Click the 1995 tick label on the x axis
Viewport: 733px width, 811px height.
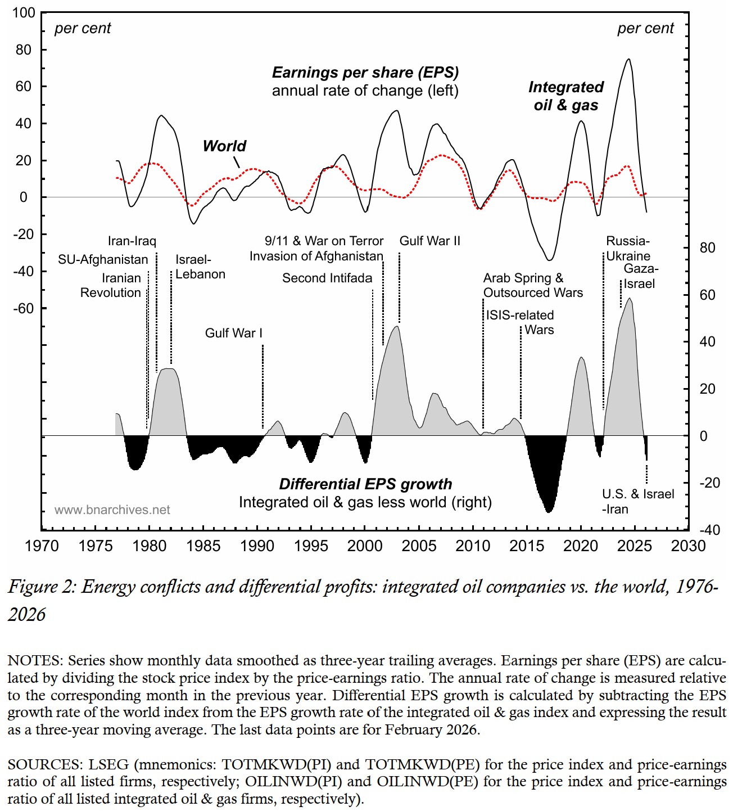click(x=311, y=546)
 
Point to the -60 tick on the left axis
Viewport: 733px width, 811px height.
click(x=24, y=308)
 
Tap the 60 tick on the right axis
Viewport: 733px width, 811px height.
click(x=707, y=295)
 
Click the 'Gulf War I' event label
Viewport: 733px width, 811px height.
click(x=233, y=333)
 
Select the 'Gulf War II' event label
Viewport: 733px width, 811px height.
click(x=429, y=241)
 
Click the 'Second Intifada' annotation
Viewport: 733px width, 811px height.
click(x=327, y=278)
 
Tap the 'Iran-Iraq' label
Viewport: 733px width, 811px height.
click(x=132, y=241)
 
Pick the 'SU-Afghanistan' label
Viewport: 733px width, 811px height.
click(x=103, y=259)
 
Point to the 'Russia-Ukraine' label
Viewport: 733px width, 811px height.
click(x=628, y=249)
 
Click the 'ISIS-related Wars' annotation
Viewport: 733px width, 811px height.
click(x=520, y=322)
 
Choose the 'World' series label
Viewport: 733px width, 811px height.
click(x=224, y=146)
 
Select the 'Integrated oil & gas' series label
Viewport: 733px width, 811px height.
click(x=566, y=96)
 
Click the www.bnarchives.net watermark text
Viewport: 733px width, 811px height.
click(x=112, y=510)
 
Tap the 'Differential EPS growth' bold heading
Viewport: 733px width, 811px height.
click(x=365, y=484)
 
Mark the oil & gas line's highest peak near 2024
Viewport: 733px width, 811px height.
click(x=628, y=59)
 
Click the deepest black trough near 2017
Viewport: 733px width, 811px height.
click(x=549, y=511)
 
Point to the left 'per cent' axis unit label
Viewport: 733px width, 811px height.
click(x=83, y=28)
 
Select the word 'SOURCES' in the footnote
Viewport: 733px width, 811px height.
click(x=44, y=764)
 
